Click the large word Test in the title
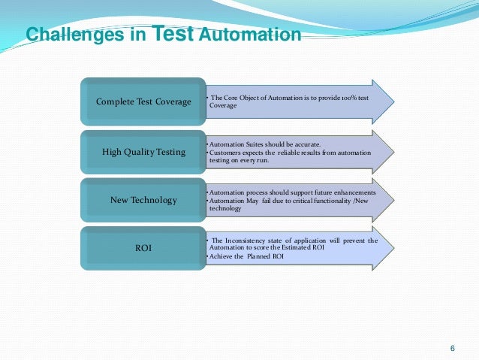click(175, 33)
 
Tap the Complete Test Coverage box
click(143, 101)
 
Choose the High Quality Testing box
click(143, 151)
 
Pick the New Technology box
click(143, 200)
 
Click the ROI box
click(143, 248)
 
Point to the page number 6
click(452, 347)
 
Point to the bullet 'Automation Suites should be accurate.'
click(264, 144)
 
